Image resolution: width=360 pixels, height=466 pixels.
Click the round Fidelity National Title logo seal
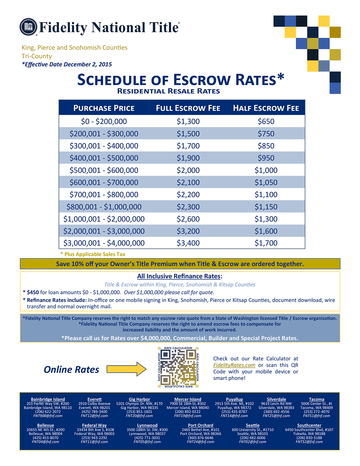(28, 27)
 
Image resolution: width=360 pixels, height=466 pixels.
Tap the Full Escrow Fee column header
(188, 108)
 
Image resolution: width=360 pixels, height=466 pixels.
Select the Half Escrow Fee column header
(266, 108)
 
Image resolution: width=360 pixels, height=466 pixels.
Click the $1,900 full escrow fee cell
(188, 158)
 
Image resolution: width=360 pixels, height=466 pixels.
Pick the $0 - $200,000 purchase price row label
(104, 121)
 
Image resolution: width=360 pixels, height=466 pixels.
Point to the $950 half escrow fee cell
(266, 158)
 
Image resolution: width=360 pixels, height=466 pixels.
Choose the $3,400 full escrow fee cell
(188, 243)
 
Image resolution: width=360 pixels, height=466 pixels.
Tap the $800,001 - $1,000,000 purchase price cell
(104, 207)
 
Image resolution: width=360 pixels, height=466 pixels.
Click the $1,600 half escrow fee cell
(266, 231)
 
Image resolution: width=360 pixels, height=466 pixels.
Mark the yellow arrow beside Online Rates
(126, 369)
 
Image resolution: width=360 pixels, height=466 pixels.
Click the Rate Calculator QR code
(178, 367)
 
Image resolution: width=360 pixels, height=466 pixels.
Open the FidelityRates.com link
(234, 365)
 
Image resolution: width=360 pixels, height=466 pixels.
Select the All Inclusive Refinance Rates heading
(180, 276)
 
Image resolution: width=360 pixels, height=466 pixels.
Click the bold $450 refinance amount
(33, 293)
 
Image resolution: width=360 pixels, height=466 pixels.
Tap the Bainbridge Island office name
(48, 399)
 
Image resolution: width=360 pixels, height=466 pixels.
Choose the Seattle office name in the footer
(252, 425)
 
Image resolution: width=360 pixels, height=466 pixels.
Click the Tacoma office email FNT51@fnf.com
(317, 416)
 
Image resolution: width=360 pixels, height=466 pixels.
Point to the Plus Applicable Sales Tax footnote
(93, 254)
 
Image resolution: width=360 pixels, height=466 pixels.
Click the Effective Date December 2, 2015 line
(67, 64)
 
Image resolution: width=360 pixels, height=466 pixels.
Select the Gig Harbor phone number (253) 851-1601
(139, 412)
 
